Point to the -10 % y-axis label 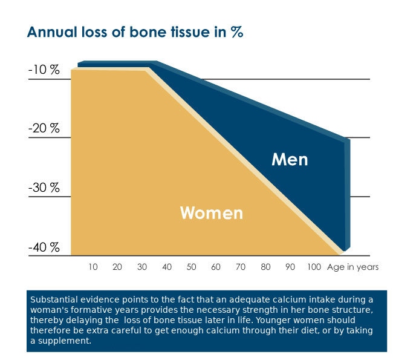(x=44, y=70)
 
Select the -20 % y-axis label (x=44, y=128)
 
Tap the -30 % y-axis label (x=44, y=188)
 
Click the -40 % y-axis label (x=44, y=247)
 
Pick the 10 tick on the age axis (x=93, y=267)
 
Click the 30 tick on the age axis (x=142, y=267)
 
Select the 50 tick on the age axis (x=192, y=267)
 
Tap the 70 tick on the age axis (x=241, y=267)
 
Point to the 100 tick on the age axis (x=314, y=267)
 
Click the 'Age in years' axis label (x=352, y=267)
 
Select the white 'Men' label (x=290, y=160)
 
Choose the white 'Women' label (x=212, y=213)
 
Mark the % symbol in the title (x=237, y=33)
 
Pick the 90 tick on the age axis (x=290, y=267)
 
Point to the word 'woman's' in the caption (x=50, y=310)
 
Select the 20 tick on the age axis (x=117, y=267)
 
